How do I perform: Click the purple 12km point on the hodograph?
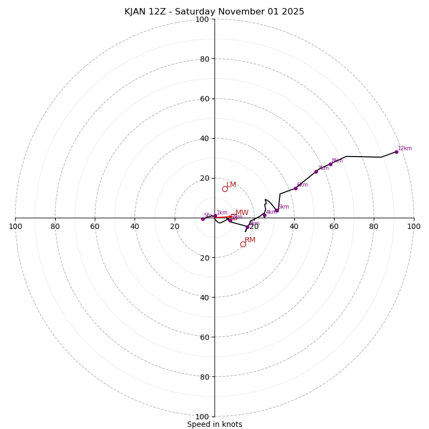[396, 152]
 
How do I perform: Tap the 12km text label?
[405, 149]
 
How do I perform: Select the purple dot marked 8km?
[330, 164]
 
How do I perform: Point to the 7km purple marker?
[316, 172]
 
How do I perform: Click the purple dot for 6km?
[295, 188]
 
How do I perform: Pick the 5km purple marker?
[277, 210]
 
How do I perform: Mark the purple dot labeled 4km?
[264, 215]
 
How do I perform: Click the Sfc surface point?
[203, 219]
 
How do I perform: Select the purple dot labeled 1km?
[216, 216]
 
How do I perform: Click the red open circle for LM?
[225, 189]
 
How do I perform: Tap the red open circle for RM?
[243, 244]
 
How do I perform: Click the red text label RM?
[250, 240]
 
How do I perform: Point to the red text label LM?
[231, 185]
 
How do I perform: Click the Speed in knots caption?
[214, 424]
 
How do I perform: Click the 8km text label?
[337, 161]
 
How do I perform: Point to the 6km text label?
[302, 185]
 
